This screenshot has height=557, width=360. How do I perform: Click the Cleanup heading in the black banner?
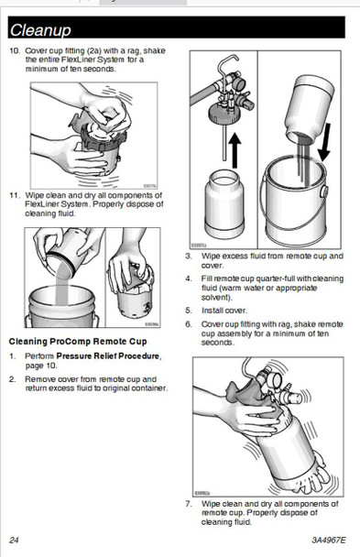tap(40, 30)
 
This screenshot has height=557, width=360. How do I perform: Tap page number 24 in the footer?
tap(14, 541)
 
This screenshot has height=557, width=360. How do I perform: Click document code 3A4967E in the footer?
tap(329, 541)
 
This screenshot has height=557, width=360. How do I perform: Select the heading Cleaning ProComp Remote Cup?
tap(78, 342)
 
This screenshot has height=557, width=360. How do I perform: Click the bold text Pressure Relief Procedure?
tap(108, 356)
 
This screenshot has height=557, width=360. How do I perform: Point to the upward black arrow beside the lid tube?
tap(235, 150)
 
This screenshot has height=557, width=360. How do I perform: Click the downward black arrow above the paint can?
tap(323, 142)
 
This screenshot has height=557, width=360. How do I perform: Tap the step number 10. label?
tap(15, 50)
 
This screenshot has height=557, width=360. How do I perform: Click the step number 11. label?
tap(15, 195)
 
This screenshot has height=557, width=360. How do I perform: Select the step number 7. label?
tap(189, 504)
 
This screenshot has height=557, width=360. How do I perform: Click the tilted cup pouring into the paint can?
tap(310, 109)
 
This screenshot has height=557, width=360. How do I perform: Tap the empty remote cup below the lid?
tap(224, 204)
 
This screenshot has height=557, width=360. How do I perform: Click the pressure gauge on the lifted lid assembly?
tap(239, 83)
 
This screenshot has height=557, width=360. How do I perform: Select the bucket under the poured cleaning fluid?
tap(62, 306)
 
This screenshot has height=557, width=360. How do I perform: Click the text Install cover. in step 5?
tap(224, 311)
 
